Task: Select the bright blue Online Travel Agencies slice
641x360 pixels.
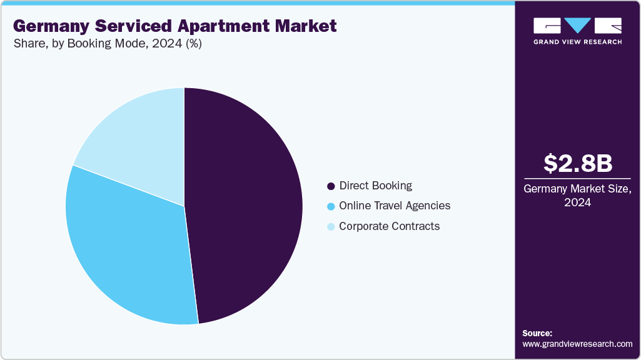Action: (x=125, y=250)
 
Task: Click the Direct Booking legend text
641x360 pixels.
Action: (x=375, y=186)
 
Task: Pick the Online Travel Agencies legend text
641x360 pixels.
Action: (x=394, y=206)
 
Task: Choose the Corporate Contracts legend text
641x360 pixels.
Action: (x=389, y=226)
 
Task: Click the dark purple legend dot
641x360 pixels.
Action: (x=331, y=186)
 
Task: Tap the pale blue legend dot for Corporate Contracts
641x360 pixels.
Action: (x=331, y=227)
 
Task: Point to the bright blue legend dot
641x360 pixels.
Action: (x=331, y=206)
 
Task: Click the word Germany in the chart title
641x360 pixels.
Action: (x=48, y=26)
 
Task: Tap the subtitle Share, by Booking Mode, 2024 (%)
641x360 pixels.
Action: (x=107, y=44)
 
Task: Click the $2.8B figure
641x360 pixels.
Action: (x=577, y=164)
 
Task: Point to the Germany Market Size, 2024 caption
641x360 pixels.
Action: (x=577, y=196)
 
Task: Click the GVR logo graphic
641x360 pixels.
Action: (x=577, y=26)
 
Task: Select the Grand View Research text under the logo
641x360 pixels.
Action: (x=577, y=42)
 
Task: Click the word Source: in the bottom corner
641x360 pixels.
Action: (x=537, y=333)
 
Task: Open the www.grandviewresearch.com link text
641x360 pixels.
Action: (x=577, y=344)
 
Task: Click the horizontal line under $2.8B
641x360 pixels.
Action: (x=577, y=179)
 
